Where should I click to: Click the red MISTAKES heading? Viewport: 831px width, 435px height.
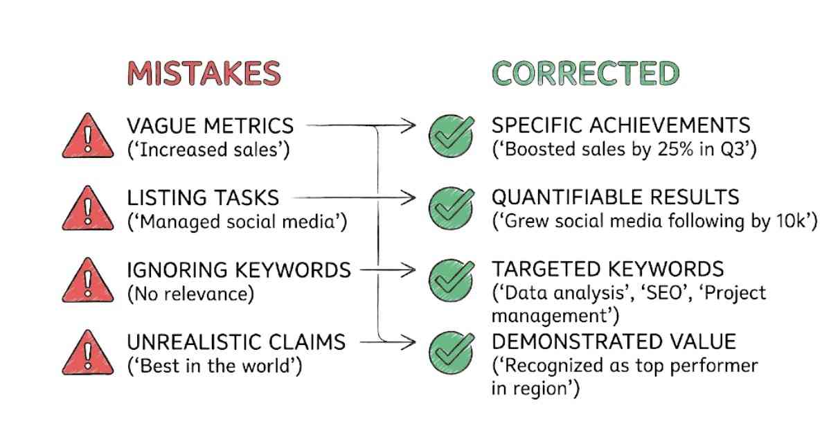click(204, 73)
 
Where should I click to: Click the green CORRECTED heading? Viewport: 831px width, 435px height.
click(585, 73)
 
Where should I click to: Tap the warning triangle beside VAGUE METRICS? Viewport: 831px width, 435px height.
click(88, 137)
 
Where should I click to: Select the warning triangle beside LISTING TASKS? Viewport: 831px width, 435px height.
click(88, 208)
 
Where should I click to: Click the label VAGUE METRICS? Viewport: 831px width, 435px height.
click(210, 126)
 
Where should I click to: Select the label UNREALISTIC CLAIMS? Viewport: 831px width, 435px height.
click(235, 342)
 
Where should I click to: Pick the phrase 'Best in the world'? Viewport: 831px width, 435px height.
click(214, 365)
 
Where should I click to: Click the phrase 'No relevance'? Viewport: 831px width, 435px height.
click(190, 293)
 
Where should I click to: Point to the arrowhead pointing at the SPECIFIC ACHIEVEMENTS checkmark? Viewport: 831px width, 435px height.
click(410, 126)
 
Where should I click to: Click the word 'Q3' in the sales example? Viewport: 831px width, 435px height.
click(729, 149)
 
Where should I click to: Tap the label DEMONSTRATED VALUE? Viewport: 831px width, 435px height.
click(614, 341)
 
